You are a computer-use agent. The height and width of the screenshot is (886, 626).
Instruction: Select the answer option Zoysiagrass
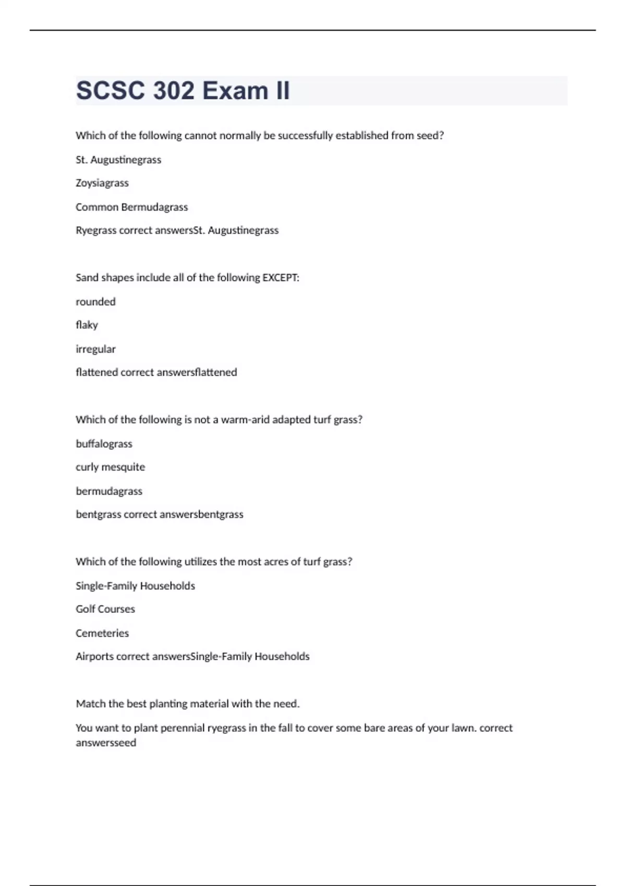click(102, 183)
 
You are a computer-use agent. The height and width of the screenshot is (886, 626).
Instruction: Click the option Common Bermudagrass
click(131, 207)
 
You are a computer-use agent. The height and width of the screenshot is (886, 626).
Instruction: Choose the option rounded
click(95, 302)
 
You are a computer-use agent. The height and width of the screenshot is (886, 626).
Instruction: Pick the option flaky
click(87, 325)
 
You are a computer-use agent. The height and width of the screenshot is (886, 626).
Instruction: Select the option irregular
click(95, 349)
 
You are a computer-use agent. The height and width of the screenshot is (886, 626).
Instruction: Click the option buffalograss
click(104, 444)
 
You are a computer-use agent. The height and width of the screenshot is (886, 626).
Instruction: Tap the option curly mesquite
click(110, 467)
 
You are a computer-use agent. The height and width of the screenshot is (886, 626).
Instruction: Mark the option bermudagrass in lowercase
click(109, 491)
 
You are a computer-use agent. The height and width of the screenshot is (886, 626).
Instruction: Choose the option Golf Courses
click(105, 609)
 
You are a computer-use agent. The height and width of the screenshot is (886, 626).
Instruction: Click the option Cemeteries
click(102, 633)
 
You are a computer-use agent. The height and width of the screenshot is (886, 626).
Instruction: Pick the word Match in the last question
click(90, 704)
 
